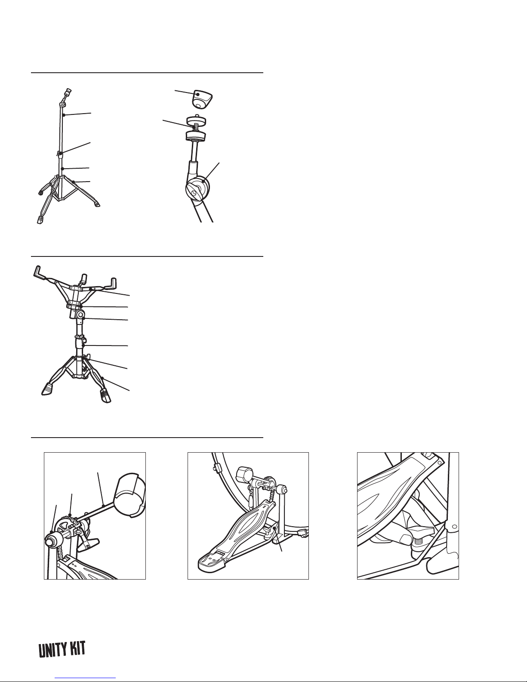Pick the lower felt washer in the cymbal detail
click(196, 136)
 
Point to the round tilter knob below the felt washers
click(198, 189)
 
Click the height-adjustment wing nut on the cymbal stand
click(60, 153)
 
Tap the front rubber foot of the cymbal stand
click(40, 219)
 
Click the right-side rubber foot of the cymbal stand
click(97, 205)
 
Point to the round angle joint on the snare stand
click(80, 314)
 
